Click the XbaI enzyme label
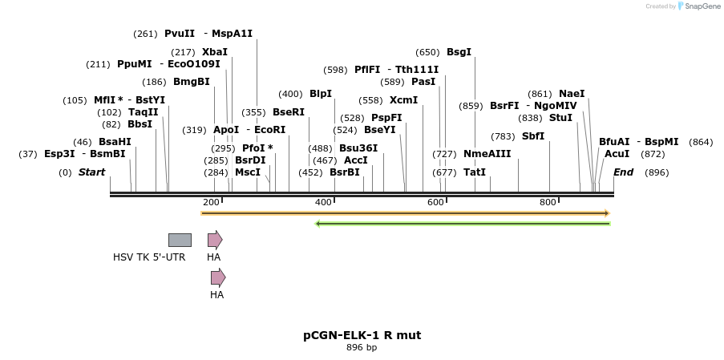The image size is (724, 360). (215, 51)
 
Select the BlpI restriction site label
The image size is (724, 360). (321, 94)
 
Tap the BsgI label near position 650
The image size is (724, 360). (459, 52)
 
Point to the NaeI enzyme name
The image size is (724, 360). (572, 94)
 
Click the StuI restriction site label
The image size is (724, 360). (560, 118)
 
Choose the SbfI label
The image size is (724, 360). (533, 136)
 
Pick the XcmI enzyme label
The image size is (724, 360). (404, 100)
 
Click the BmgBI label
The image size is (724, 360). (192, 82)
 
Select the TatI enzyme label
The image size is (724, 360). (475, 172)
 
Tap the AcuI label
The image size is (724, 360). (617, 154)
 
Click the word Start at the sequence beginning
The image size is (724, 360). (91, 172)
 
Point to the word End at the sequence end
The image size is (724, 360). (623, 172)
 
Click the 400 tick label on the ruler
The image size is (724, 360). (324, 203)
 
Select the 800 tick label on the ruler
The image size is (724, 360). (548, 203)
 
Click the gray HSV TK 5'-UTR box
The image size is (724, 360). (180, 240)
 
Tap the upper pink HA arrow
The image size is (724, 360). (214, 240)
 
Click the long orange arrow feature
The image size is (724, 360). (405, 213)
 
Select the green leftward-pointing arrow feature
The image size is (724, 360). (463, 224)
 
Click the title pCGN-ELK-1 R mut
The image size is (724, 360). (362, 335)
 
